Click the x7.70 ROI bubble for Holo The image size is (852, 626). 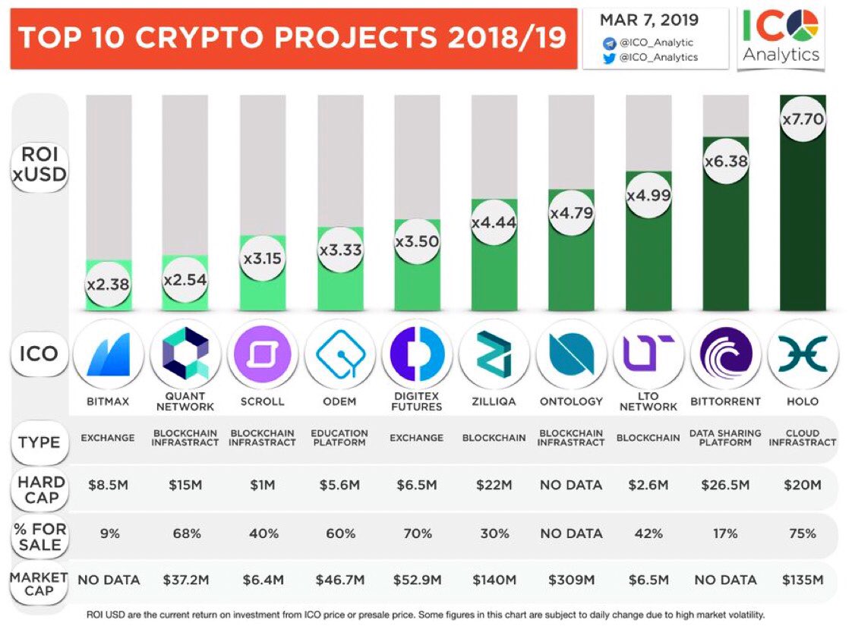(803, 118)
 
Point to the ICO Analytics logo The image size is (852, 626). (781, 36)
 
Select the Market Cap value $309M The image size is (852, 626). (570, 580)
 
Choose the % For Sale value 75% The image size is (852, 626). (803, 533)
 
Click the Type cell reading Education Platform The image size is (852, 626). (339, 438)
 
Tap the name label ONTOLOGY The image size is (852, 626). (570, 401)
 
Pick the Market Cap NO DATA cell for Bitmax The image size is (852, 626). (109, 580)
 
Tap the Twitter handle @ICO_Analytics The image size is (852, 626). (658, 57)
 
